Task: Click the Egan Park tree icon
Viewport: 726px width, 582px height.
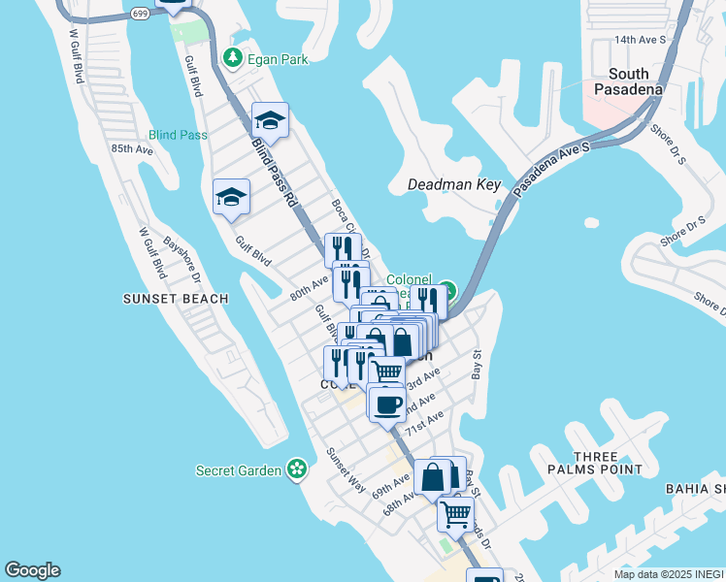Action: [x=233, y=59]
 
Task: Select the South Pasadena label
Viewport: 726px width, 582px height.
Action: [x=636, y=81]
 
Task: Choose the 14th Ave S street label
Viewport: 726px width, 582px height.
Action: [x=639, y=40]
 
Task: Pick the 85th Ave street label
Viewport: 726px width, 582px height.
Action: [x=132, y=149]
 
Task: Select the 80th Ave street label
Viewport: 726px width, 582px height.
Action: [x=310, y=288]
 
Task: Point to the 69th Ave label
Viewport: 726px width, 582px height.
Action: [x=390, y=482]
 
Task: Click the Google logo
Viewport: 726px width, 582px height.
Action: [x=32, y=570]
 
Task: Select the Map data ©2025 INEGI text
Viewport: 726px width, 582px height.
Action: [x=669, y=574]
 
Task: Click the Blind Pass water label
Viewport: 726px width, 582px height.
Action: [x=178, y=135]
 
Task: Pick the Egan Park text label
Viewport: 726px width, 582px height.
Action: [x=278, y=59]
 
